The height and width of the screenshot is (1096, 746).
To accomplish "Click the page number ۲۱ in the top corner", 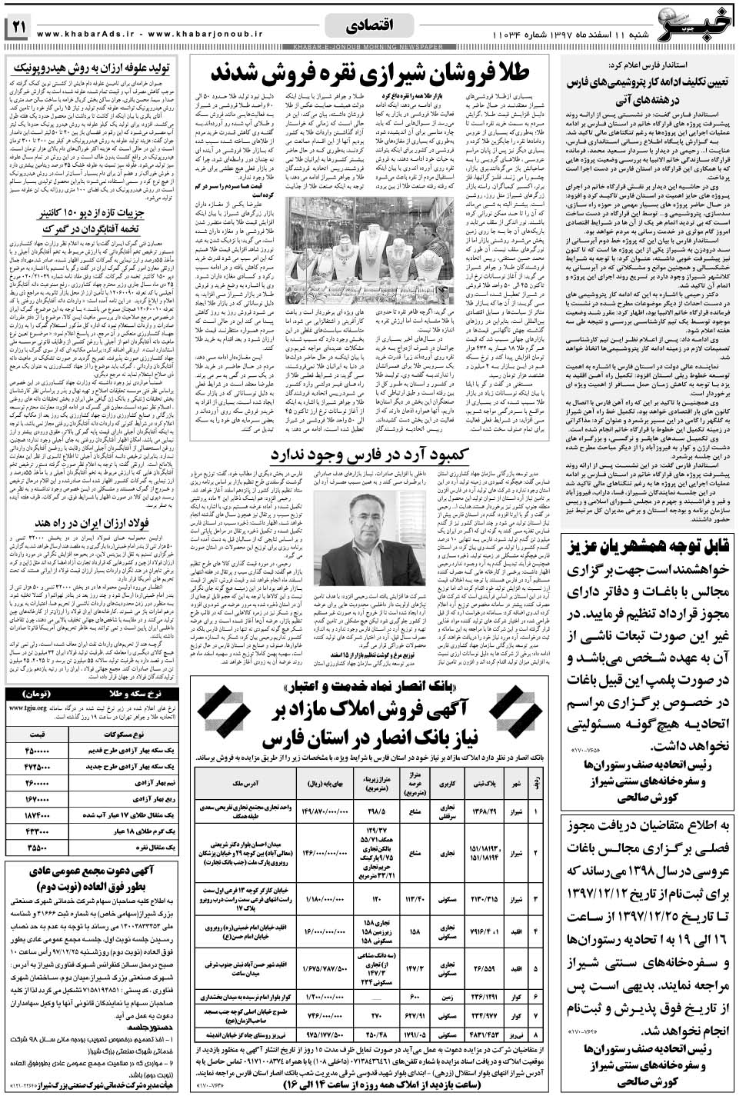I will tap(18, 28).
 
